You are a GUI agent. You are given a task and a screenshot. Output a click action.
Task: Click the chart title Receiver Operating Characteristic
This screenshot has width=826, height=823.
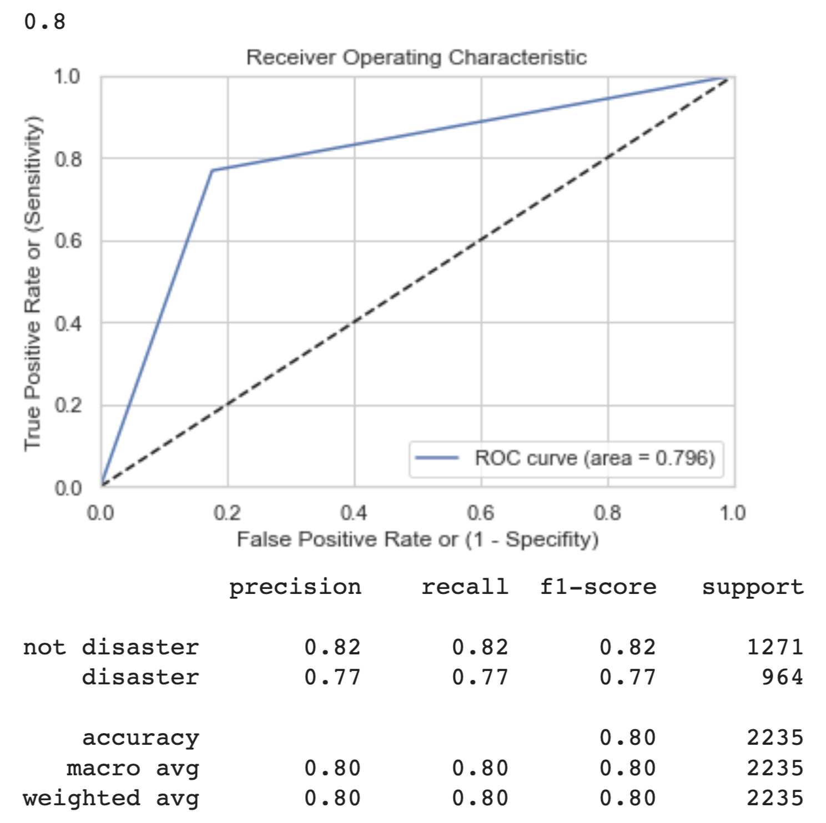[x=416, y=57]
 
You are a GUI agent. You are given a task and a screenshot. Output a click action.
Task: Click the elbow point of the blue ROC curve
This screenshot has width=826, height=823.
[x=212, y=170]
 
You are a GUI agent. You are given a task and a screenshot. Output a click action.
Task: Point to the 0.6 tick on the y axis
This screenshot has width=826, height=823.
[x=68, y=241]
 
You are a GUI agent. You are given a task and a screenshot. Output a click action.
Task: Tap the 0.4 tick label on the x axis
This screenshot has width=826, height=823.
[x=354, y=513]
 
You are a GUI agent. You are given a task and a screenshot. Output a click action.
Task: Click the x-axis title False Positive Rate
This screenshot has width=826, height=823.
[x=417, y=539]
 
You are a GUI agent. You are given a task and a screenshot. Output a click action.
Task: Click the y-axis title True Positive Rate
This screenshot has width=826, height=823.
[x=33, y=283]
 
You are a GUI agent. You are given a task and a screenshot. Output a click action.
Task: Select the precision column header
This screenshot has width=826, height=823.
[x=295, y=587]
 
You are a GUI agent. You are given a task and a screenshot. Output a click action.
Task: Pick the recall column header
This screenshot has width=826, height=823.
[x=465, y=587]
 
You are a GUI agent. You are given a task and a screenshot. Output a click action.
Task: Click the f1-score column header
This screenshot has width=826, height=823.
[x=598, y=587]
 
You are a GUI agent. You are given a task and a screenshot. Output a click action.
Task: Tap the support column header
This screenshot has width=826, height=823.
[x=753, y=587]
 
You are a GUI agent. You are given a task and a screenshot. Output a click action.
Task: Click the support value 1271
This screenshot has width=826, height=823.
[x=775, y=647]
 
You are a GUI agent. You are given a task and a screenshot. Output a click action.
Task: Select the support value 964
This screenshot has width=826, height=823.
[x=782, y=677]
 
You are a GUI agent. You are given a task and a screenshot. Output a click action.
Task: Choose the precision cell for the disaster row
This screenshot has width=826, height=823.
[x=333, y=677]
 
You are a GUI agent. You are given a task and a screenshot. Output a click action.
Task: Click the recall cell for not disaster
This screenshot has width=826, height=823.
[x=480, y=647]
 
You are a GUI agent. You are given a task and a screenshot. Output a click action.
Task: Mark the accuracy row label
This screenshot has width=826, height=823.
[x=140, y=738]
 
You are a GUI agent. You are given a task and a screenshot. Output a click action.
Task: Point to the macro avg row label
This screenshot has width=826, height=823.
[x=133, y=769]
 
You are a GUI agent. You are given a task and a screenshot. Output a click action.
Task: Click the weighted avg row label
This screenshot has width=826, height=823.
[x=111, y=799]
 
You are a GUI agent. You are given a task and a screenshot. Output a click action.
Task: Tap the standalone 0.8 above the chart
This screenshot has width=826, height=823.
[x=45, y=22]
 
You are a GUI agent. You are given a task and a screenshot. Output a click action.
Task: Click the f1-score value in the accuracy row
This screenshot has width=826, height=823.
[x=628, y=738]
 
